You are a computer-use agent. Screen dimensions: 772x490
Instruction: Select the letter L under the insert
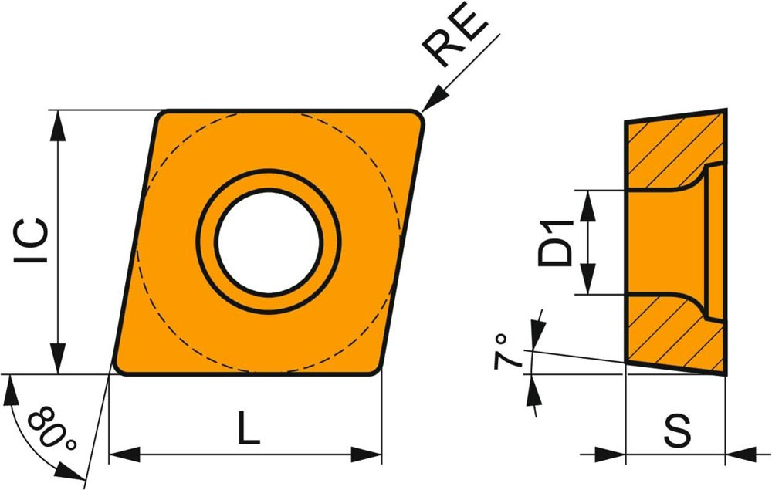tap(248, 428)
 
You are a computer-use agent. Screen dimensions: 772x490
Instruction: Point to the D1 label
tap(556, 243)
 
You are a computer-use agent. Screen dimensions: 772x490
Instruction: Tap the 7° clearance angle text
tap(508, 351)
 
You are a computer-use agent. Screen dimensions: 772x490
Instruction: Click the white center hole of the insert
tap(269, 242)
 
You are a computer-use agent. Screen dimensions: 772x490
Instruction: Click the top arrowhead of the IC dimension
tap(59, 126)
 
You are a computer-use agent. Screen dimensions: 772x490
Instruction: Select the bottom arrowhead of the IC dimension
tap(59, 357)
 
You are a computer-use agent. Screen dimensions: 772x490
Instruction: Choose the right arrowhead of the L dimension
tap(366, 454)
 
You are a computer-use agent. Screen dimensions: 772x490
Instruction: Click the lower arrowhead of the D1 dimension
tap(587, 279)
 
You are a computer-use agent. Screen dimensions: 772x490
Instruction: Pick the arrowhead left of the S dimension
tap(610, 454)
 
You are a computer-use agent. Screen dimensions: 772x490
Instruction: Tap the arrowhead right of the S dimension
tap(741, 454)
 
